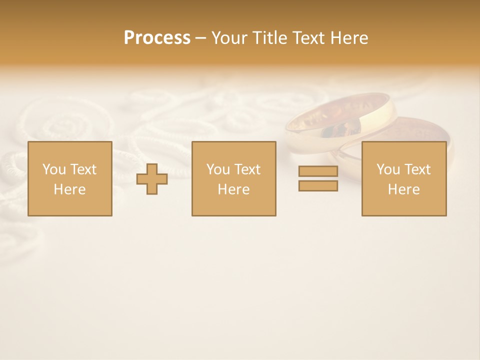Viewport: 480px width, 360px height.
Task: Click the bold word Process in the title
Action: tap(157, 38)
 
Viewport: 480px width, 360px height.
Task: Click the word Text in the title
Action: tap(308, 38)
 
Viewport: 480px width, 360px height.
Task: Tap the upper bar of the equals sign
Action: tap(318, 171)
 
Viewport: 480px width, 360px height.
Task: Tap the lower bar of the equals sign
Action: tap(318, 186)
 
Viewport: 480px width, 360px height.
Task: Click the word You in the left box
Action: tap(54, 169)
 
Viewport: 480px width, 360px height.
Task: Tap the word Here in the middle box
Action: tap(233, 189)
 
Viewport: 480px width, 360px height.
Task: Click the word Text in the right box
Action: tap(417, 169)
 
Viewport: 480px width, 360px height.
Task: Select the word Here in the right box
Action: tap(403, 189)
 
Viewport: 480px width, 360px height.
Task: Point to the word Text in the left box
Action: tap(83, 169)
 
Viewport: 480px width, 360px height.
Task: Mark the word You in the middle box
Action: tap(218, 169)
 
